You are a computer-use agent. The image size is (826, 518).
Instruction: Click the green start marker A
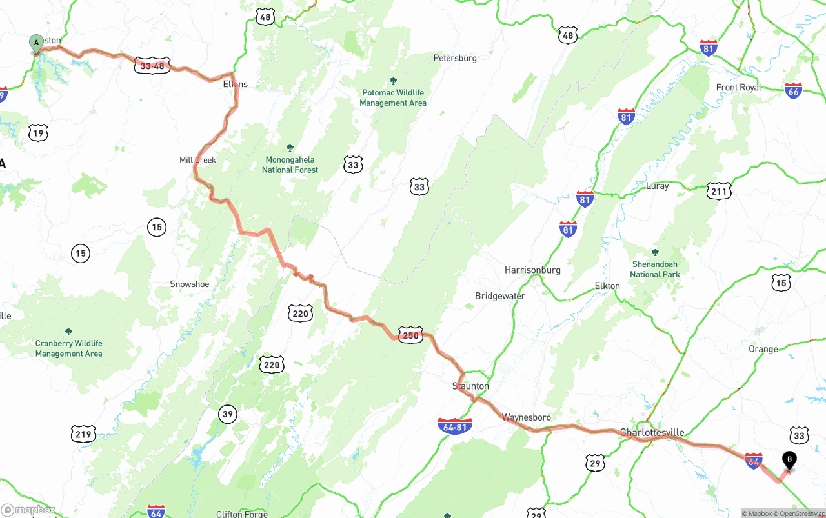pyautogui.click(x=36, y=43)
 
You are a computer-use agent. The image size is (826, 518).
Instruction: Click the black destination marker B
pyautogui.click(x=789, y=459)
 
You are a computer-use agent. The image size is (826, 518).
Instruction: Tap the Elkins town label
pyautogui.click(x=235, y=85)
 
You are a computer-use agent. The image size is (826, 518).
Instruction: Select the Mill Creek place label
pyautogui.click(x=197, y=160)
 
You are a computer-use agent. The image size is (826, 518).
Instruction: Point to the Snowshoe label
pyautogui.click(x=189, y=284)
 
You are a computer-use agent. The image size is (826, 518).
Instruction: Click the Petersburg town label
pyautogui.click(x=455, y=58)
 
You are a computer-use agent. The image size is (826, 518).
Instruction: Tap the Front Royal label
pyautogui.click(x=738, y=88)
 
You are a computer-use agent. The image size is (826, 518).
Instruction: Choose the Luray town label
pyautogui.click(x=657, y=186)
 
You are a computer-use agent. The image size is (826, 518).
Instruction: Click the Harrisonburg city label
pyautogui.click(x=532, y=270)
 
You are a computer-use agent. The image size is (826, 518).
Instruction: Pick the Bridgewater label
pyautogui.click(x=499, y=296)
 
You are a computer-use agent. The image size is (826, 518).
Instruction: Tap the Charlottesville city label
pyautogui.click(x=652, y=433)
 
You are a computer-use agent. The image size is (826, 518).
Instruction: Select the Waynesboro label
pyautogui.click(x=527, y=418)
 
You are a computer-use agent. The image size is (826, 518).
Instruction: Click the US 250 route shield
pyautogui.click(x=410, y=335)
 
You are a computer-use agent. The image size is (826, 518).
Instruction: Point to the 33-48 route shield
pyautogui.click(x=152, y=65)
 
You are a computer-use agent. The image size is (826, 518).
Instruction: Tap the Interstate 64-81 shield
pyautogui.click(x=455, y=426)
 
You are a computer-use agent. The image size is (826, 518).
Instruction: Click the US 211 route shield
pyautogui.click(x=719, y=191)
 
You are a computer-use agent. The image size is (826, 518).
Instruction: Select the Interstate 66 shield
pyautogui.click(x=793, y=90)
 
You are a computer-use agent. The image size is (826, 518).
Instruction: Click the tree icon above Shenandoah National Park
pyautogui.click(x=655, y=252)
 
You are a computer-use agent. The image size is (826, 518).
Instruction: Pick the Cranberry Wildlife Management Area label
pyautogui.click(x=68, y=348)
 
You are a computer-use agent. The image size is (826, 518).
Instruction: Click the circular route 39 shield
pyautogui.click(x=227, y=414)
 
